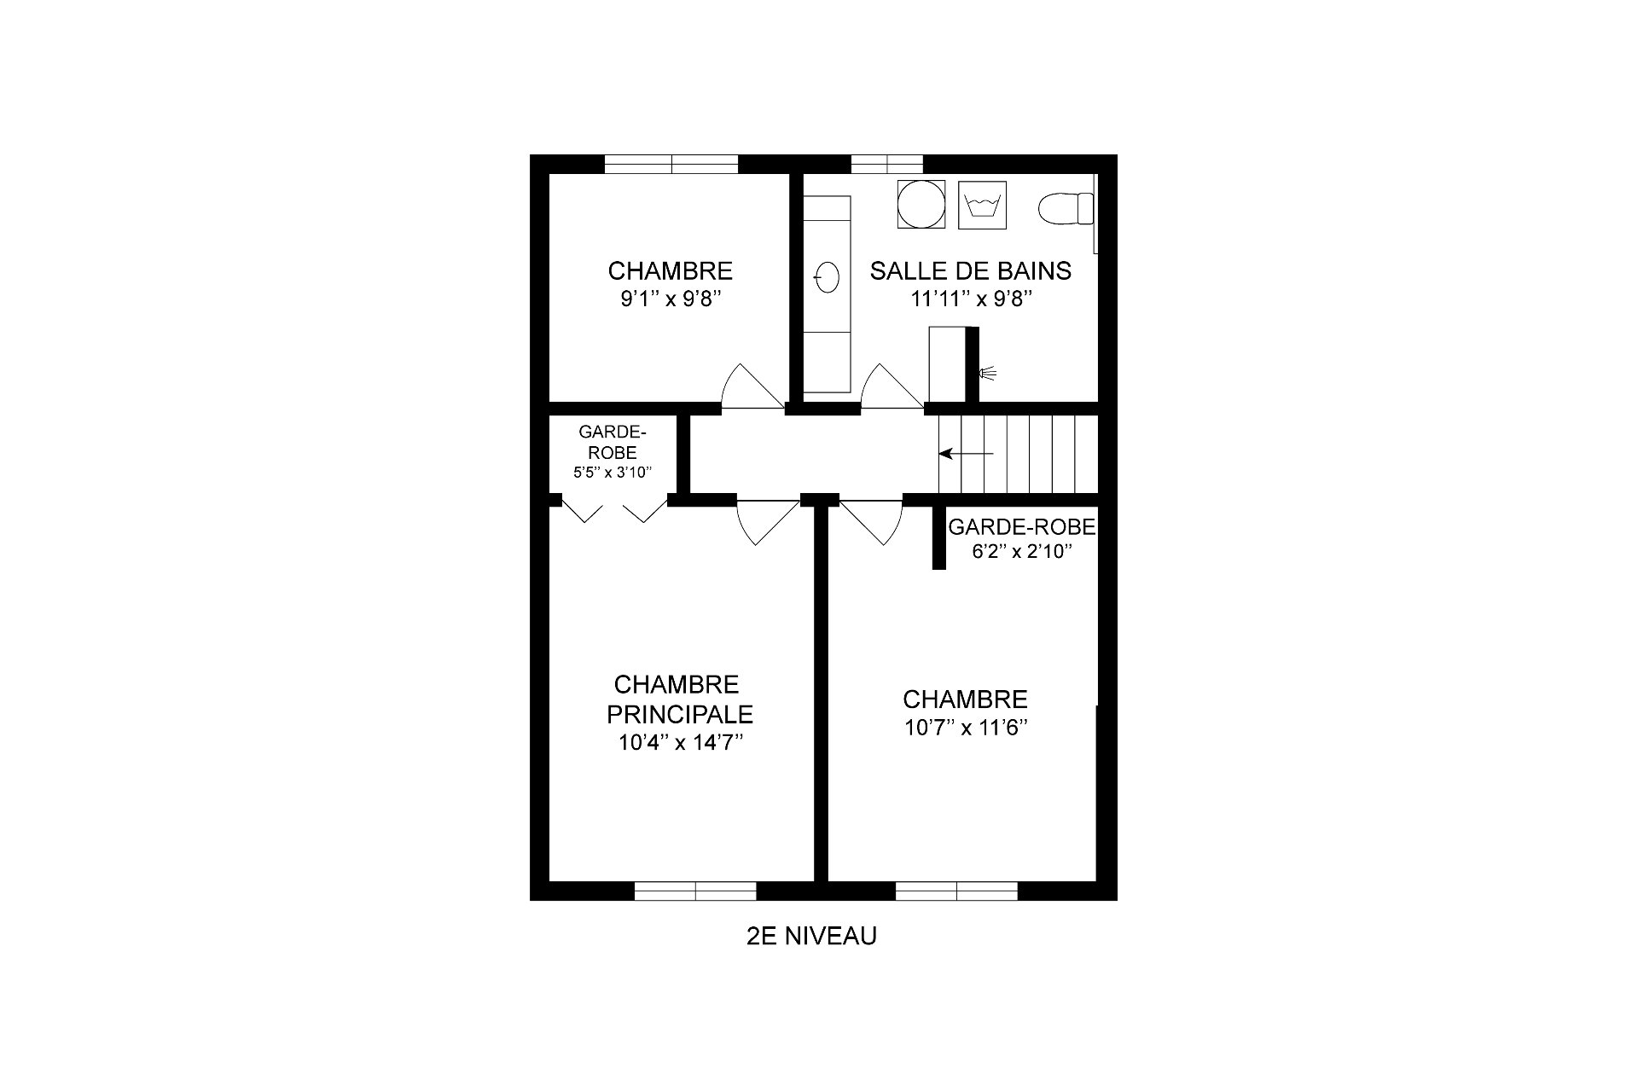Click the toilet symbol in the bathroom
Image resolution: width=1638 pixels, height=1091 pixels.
pyautogui.click(x=1066, y=207)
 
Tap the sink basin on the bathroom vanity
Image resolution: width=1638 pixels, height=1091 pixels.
pyautogui.click(x=828, y=276)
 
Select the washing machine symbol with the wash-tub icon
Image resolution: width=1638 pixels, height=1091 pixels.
pyautogui.click(x=983, y=205)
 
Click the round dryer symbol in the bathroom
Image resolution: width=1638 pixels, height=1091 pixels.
pyautogui.click(x=921, y=205)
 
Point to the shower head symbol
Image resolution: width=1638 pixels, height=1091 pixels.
pyautogui.click(x=988, y=372)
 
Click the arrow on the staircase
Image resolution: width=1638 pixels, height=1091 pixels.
pyautogui.click(x=966, y=454)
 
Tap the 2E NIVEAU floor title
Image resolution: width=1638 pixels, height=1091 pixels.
pyautogui.click(x=811, y=937)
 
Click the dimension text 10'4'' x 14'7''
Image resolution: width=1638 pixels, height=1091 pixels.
pyautogui.click(x=681, y=743)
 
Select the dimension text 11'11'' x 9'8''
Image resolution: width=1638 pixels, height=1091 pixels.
pyautogui.click(x=971, y=299)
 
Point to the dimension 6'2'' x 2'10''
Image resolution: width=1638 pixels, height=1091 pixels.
pyautogui.click(x=1021, y=551)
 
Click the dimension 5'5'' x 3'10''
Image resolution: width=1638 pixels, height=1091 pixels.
pyautogui.click(x=613, y=471)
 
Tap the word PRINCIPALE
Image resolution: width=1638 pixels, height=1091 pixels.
pyautogui.click(x=680, y=714)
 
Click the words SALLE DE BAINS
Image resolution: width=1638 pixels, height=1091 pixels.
pyautogui.click(x=971, y=271)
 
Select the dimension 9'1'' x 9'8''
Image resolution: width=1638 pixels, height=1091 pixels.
pyautogui.click(x=671, y=299)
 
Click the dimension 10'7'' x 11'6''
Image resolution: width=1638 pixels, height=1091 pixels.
pyautogui.click(x=965, y=728)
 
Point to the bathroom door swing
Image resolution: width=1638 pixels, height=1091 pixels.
pyautogui.click(x=891, y=386)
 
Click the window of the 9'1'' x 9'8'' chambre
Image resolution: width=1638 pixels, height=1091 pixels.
pyautogui.click(x=671, y=164)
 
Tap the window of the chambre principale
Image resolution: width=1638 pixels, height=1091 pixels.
pyautogui.click(x=695, y=891)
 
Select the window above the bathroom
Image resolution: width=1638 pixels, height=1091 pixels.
pyautogui.click(x=887, y=164)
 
